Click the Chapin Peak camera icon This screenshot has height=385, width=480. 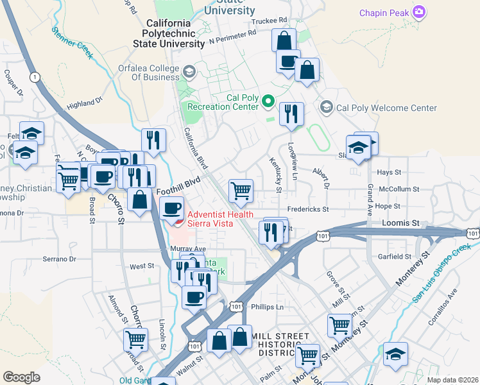(419, 12)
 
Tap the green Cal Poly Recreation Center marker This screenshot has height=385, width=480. (268, 101)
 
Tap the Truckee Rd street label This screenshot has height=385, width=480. (269, 21)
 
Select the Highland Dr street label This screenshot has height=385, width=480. (85, 103)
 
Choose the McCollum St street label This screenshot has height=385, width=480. (399, 189)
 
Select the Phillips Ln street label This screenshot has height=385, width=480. (267, 307)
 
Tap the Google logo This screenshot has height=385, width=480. (21, 377)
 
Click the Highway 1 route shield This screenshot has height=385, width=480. (34, 77)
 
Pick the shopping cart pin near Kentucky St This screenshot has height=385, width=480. (241, 190)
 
